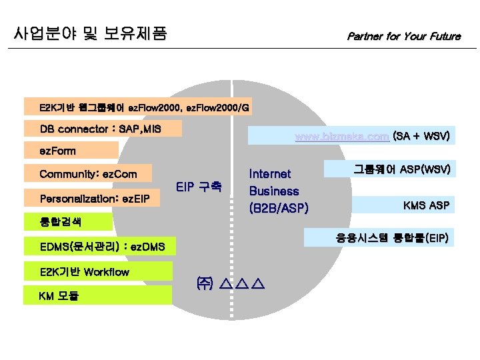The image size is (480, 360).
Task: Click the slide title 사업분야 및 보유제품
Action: tap(90, 33)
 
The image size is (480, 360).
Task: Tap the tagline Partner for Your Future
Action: tap(403, 36)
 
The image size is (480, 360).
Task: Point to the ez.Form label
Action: tap(58, 151)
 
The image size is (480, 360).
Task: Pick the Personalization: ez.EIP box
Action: tap(95, 198)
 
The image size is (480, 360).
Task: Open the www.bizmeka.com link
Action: tap(342, 137)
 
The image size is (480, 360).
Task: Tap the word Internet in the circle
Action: tap(270, 174)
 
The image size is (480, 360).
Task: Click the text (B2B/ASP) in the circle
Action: tap(278, 208)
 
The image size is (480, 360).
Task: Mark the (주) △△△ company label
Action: tap(230, 284)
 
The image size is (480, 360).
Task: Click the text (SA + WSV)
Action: tap(421, 137)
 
